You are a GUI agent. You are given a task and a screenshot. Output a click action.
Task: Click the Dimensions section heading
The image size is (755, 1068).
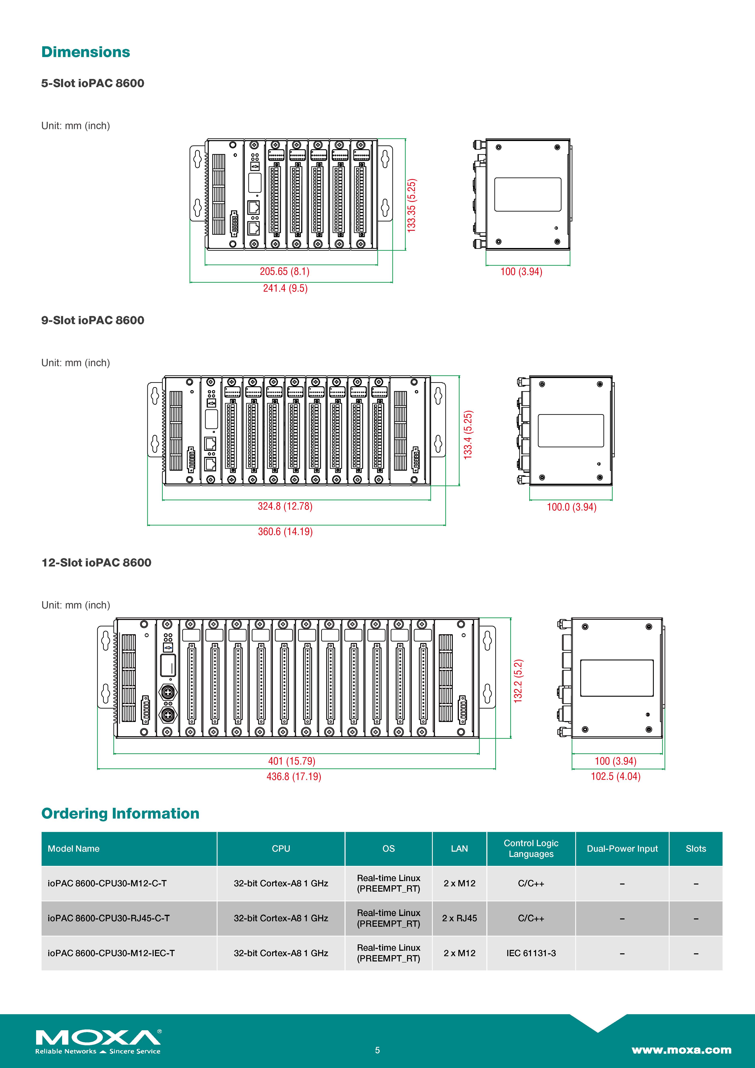(86, 52)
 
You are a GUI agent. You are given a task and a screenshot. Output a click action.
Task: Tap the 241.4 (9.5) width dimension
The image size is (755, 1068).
(285, 288)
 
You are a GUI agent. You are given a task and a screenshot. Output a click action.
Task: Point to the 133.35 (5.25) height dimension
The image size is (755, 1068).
(411, 205)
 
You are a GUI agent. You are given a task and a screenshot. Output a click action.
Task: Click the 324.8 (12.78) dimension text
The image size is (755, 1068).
(285, 506)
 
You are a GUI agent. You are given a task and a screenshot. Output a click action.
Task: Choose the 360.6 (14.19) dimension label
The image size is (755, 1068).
(285, 532)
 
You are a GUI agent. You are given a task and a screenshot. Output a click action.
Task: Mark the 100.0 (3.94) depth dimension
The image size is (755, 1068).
(571, 507)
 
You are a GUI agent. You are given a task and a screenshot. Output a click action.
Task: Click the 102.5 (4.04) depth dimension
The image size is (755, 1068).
(616, 776)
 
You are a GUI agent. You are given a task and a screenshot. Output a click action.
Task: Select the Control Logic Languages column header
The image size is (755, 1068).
(531, 848)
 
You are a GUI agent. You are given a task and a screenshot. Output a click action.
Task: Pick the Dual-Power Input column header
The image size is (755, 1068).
(622, 848)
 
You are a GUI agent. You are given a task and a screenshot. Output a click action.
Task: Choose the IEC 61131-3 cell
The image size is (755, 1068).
(531, 953)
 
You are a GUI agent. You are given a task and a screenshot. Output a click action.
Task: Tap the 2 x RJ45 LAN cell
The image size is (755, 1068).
(459, 918)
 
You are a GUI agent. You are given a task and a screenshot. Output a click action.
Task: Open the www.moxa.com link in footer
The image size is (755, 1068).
(681, 1050)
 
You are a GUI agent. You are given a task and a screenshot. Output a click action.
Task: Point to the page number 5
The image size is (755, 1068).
(377, 1050)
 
